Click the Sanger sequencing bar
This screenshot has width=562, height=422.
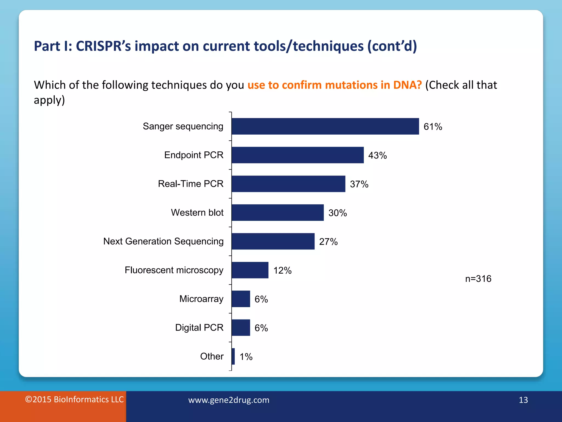click(325, 126)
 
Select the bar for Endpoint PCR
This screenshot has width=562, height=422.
click(297, 155)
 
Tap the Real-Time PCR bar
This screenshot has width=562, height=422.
click(288, 184)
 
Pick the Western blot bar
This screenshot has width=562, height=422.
click(277, 213)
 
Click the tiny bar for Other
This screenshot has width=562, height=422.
click(233, 356)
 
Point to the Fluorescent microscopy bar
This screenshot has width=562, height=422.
click(250, 270)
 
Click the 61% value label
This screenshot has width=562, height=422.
click(433, 127)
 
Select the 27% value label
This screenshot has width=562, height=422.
click(328, 242)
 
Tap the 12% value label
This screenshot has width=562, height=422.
click(282, 271)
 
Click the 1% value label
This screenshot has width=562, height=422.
click(246, 357)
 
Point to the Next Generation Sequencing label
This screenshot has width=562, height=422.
click(163, 241)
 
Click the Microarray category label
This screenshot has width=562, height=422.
click(201, 299)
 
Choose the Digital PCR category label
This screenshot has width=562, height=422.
click(199, 327)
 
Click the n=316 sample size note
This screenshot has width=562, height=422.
click(478, 279)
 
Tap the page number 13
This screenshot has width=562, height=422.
click(523, 400)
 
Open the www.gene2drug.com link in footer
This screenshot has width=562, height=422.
click(229, 400)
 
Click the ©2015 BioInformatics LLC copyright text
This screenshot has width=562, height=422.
click(74, 399)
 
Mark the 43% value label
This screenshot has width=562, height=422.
click(377, 156)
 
